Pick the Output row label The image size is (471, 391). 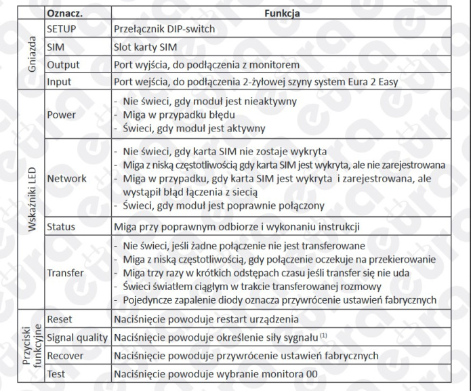click(x=63, y=65)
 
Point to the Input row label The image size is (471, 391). click(x=60, y=82)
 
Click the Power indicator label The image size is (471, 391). click(x=61, y=115)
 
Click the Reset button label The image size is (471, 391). click(x=60, y=318)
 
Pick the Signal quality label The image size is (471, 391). click(x=77, y=337)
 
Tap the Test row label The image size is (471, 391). click(x=57, y=372)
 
